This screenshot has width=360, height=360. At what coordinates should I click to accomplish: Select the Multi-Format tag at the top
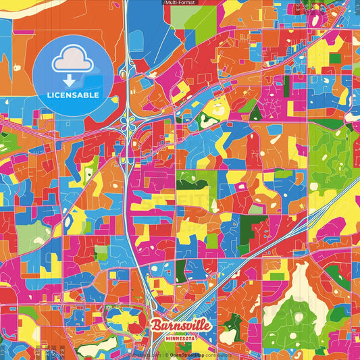tap(180, 3)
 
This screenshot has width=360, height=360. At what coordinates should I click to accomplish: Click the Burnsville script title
tap(181, 326)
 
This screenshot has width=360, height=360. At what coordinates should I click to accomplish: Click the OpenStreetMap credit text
tap(192, 354)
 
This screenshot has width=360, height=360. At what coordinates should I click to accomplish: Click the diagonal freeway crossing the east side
tap(317, 216)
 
